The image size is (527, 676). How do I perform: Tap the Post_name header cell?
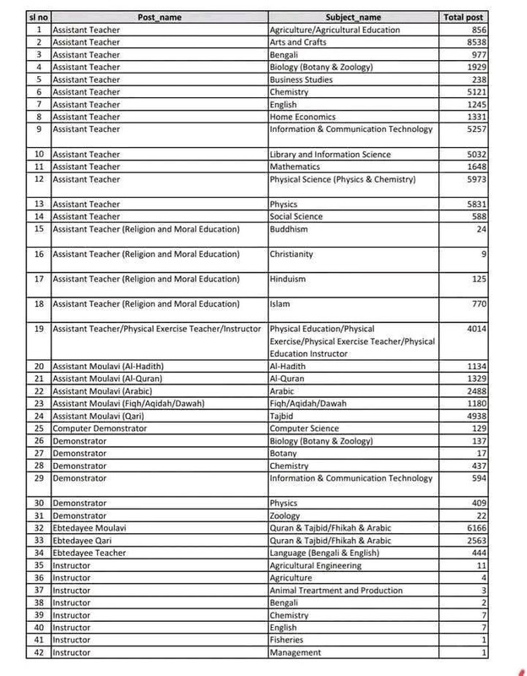click(x=159, y=17)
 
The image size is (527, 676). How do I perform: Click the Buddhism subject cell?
click(x=289, y=229)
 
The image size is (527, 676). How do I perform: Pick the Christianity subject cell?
click(x=291, y=253)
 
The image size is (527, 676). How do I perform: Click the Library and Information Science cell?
click(x=330, y=155)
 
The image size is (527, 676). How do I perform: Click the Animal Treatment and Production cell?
click(x=336, y=590)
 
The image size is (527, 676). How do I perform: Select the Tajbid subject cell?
click(x=283, y=416)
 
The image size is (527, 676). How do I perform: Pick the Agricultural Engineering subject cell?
click(x=315, y=565)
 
